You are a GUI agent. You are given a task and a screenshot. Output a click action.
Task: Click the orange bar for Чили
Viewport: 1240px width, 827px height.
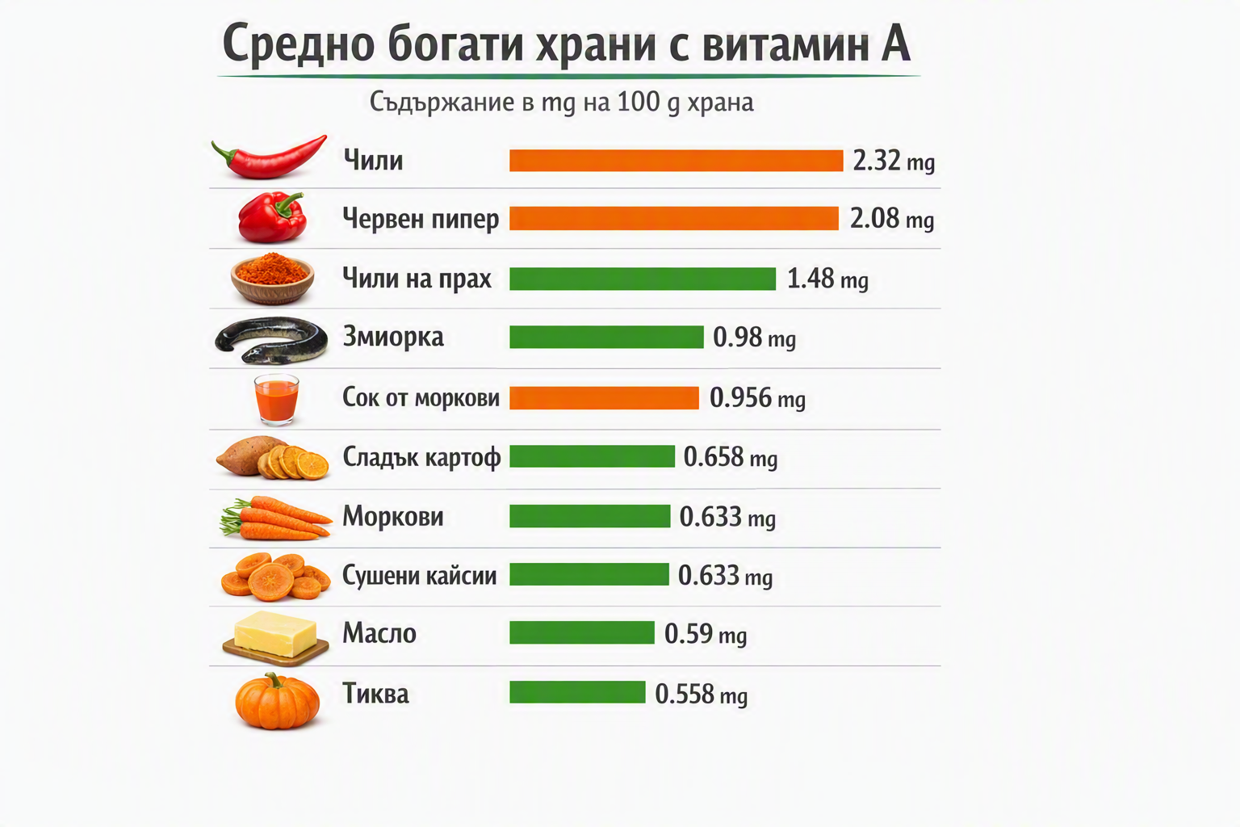point(676,161)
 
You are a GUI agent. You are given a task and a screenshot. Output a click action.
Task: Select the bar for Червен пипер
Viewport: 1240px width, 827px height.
point(674,218)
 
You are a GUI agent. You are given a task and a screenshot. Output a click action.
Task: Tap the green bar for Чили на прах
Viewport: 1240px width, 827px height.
point(642,279)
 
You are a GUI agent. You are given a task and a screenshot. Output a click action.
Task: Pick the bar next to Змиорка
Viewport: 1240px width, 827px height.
point(606,337)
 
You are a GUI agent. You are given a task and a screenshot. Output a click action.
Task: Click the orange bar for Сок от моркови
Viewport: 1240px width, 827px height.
point(604,397)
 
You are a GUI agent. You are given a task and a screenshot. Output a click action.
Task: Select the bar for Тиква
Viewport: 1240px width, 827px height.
point(577,692)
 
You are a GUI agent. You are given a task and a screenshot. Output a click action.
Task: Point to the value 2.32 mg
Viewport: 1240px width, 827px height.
point(894,161)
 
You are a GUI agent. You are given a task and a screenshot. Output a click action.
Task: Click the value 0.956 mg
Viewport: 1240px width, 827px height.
point(757,397)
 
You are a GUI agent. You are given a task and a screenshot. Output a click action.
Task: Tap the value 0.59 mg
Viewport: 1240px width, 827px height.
point(706,634)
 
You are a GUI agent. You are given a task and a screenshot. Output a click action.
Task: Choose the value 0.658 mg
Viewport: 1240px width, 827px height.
point(730,457)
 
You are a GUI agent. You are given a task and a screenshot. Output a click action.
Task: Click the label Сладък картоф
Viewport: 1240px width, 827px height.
point(421,458)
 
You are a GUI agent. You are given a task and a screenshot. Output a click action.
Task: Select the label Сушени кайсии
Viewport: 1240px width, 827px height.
point(419,576)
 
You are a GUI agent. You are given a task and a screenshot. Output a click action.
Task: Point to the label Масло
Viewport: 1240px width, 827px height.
point(379,633)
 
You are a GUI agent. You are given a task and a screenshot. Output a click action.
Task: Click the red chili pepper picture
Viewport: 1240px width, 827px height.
point(269,157)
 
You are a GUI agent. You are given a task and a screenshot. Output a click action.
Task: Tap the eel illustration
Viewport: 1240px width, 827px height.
point(271,340)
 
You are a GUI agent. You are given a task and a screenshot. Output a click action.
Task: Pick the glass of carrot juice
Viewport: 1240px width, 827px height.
point(276,400)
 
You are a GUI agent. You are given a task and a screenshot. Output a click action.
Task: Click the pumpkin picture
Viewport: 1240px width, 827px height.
point(277,701)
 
